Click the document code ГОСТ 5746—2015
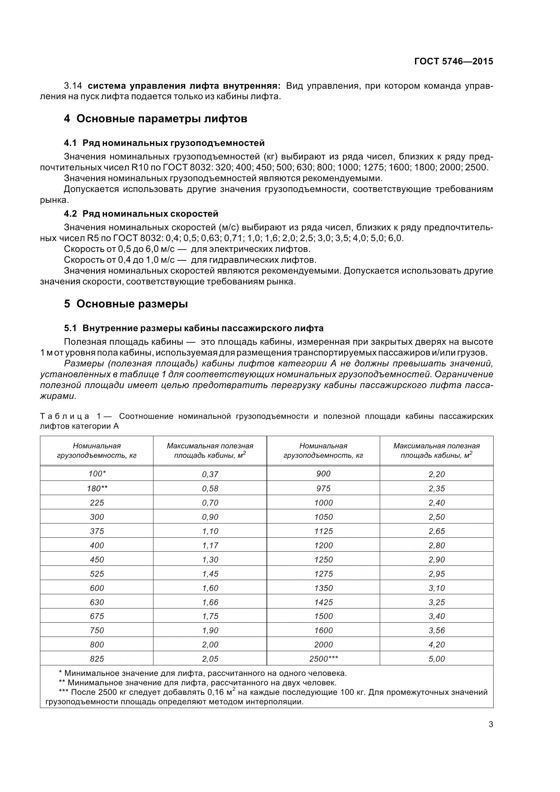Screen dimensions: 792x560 click(x=453, y=61)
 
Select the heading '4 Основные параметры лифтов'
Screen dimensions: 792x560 click(x=155, y=119)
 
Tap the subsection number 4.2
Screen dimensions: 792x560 click(x=70, y=214)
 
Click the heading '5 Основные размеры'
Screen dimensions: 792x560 click(x=126, y=304)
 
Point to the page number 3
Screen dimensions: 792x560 click(x=491, y=724)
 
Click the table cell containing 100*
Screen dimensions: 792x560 click(x=97, y=474)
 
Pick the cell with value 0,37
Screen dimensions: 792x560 click(x=210, y=474)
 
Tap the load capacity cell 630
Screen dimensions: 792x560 click(x=97, y=602)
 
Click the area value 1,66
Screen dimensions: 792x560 click(x=210, y=602)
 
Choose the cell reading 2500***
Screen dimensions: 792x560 click(x=324, y=659)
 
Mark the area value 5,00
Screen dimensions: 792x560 click(x=437, y=659)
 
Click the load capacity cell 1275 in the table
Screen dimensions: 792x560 click(x=324, y=574)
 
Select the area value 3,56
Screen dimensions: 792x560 click(x=437, y=630)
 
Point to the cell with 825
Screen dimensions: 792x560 click(x=97, y=659)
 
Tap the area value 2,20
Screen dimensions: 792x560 click(x=437, y=474)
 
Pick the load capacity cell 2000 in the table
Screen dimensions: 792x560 click(x=324, y=644)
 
